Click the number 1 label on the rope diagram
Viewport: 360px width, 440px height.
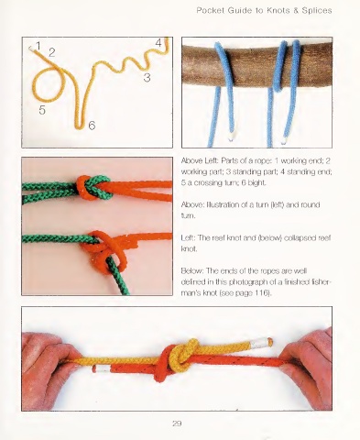tap(38, 46)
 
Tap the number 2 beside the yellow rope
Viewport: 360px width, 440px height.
tap(52, 52)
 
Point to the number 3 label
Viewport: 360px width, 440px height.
tap(147, 77)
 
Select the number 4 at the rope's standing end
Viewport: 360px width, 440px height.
tap(158, 43)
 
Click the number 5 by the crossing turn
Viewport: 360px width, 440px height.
tap(42, 110)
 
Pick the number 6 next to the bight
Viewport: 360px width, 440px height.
tap(92, 126)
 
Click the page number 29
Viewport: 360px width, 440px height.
tap(177, 423)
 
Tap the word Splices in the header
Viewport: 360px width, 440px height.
tap(317, 11)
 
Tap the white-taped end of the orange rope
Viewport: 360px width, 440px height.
tap(102, 368)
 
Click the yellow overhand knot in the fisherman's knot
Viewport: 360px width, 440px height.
tap(186, 352)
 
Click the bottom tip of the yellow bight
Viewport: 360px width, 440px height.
tap(80, 127)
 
